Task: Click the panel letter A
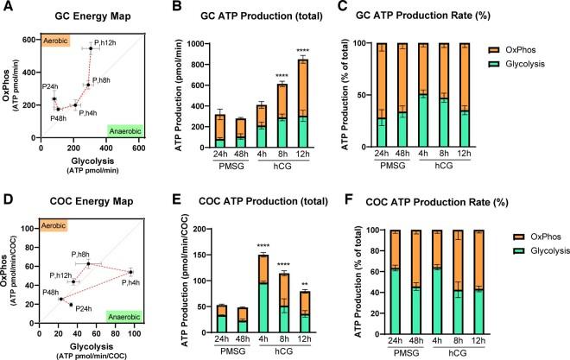click(8, 9)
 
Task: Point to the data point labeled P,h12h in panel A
click(91, 48)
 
